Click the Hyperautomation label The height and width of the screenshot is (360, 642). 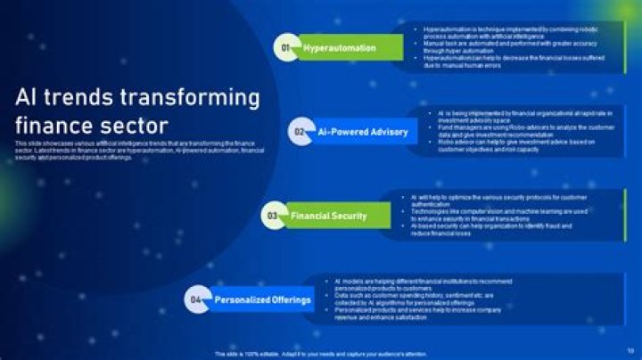pos(340,48)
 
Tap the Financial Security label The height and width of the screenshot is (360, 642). pos(328,216)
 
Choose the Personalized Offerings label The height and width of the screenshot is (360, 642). pos(263,300)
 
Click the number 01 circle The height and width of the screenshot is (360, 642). pos(286,48)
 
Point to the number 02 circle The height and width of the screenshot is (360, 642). pos(300,132)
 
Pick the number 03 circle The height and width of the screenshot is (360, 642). pos(272,216)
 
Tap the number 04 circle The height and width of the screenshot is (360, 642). pos(196,300)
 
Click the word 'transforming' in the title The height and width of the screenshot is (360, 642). pos(198,96)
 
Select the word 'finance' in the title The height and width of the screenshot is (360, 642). pos(57,124)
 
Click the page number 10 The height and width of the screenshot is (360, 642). pos(630,349)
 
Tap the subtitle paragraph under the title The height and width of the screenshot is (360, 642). pos(138,149)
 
